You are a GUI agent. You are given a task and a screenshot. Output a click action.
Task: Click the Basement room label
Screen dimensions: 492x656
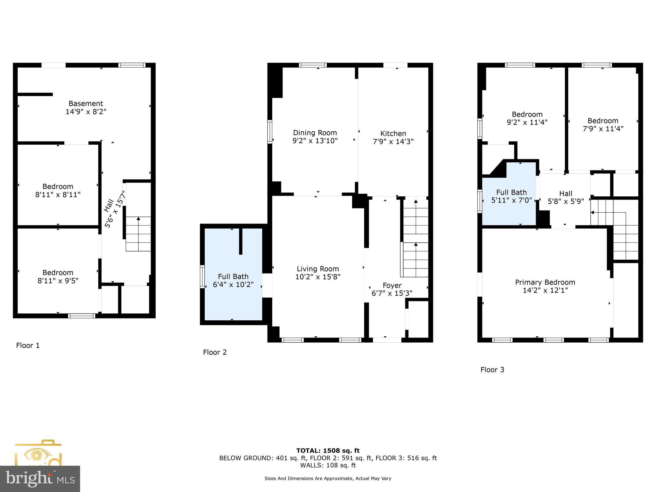coord(86,103)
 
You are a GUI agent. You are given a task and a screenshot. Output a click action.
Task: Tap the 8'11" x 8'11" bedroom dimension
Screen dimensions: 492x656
coord(58,194)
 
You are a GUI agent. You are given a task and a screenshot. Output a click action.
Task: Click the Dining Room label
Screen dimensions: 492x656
coord(315,133)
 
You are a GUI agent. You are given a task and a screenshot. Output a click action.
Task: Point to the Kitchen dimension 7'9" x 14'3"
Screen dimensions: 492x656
coord(393,141)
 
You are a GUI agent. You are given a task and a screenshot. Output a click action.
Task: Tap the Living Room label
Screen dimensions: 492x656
coord(317,269)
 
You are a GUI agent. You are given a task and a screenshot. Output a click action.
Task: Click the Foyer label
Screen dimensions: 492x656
coord(392,285)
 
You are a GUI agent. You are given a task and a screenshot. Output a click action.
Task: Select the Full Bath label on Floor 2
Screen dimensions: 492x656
coord(233,276)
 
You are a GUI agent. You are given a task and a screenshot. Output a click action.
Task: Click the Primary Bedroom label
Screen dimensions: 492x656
coord(545,282)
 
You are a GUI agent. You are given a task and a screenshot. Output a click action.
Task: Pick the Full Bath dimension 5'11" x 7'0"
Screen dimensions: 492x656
coord(511,200)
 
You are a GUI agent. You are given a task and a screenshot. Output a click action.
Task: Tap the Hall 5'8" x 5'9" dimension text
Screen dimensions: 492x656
coord(566,201)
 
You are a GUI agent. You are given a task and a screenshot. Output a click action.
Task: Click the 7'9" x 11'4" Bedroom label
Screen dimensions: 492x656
coord(603,121)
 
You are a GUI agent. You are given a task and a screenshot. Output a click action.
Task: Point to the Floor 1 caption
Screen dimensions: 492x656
coord(28,345)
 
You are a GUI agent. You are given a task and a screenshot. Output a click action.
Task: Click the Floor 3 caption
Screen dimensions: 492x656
coord(492,370)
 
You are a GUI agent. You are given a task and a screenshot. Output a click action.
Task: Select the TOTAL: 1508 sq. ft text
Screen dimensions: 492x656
coord(328,451)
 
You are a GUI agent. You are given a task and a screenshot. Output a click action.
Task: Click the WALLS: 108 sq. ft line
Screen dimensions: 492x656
coord(328,465)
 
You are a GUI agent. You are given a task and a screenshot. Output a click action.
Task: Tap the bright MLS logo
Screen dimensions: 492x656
coord(40,479)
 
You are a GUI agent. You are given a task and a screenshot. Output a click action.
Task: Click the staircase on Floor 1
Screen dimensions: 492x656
coord(138,234)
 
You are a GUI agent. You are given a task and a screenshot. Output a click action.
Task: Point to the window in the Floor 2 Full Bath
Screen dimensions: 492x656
coord(202,277)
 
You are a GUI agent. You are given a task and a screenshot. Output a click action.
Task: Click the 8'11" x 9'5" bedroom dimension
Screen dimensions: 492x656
coord(58,281)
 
